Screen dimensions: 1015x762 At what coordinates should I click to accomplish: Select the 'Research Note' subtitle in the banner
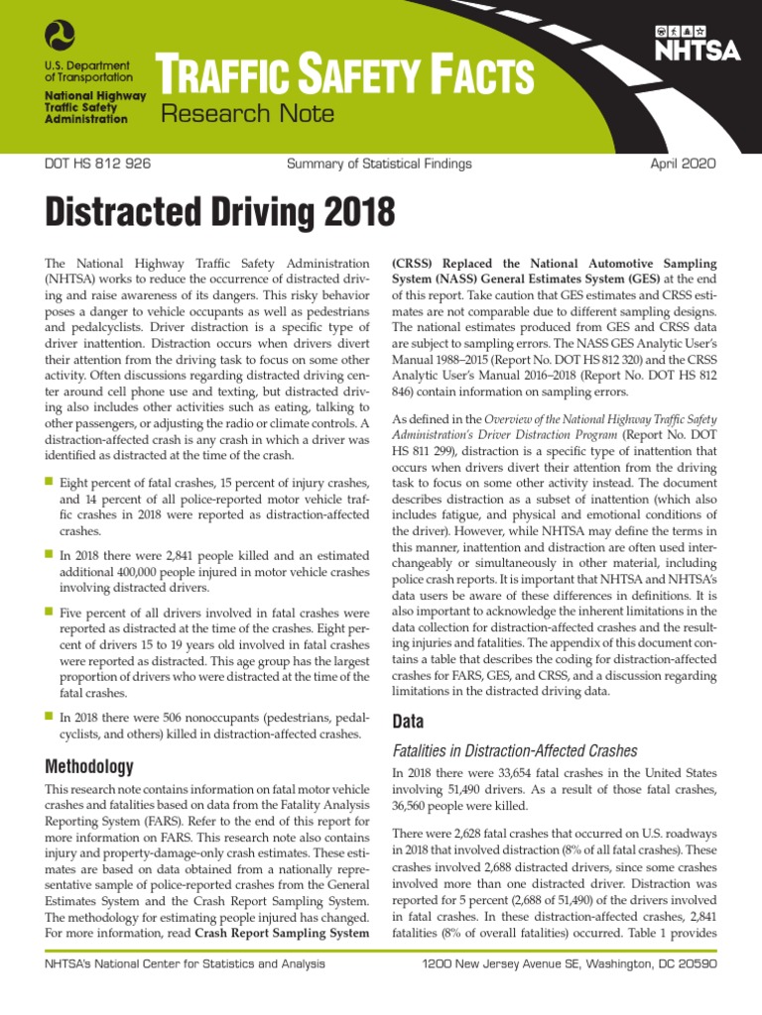pos(248,114)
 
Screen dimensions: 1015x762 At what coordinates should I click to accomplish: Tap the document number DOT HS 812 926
pos(98,164)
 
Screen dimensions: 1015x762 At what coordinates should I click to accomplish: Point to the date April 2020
pos(683,164)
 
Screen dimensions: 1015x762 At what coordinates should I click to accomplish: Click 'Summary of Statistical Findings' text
pos(379,164)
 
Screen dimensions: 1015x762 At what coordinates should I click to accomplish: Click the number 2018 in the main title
pos(348,211)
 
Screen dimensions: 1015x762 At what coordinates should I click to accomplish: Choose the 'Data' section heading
pos(409,721)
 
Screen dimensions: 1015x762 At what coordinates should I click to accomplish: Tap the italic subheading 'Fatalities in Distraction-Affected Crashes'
pos(515,751)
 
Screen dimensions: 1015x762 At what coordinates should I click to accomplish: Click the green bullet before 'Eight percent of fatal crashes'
pos(50,481)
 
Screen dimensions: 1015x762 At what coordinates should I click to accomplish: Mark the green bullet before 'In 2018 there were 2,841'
pos(50,555)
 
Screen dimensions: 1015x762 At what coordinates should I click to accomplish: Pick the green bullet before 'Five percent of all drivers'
pos(50,613)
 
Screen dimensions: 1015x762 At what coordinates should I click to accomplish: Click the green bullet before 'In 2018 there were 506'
pos(50,716)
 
